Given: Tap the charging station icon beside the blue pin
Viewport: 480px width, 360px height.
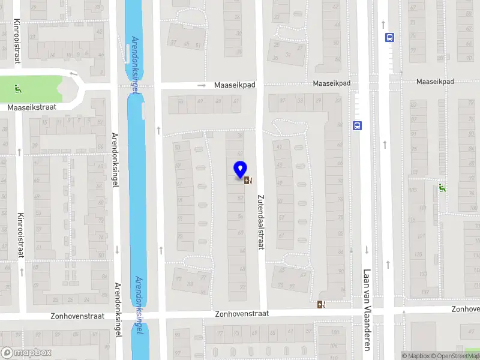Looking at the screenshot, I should [248, 179].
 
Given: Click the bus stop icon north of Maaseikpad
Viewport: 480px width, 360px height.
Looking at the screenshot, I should [390, 37].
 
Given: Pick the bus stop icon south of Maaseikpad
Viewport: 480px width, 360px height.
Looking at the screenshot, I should [358, 126].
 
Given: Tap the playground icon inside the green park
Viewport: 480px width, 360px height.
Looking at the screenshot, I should [18, 90].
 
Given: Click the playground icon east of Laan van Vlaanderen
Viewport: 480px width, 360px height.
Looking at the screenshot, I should [443, 188].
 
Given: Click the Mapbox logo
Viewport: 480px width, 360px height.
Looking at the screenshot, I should [26, 353].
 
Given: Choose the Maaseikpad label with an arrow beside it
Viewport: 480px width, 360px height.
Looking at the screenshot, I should [235, 85].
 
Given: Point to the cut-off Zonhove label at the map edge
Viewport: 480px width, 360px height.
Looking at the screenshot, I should [466, 309].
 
